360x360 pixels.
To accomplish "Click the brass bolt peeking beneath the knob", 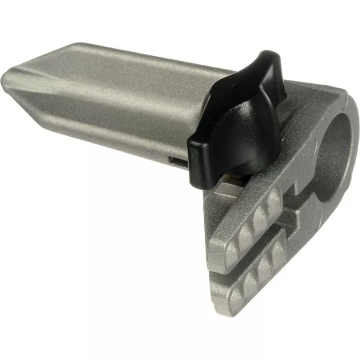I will pos(229,180).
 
